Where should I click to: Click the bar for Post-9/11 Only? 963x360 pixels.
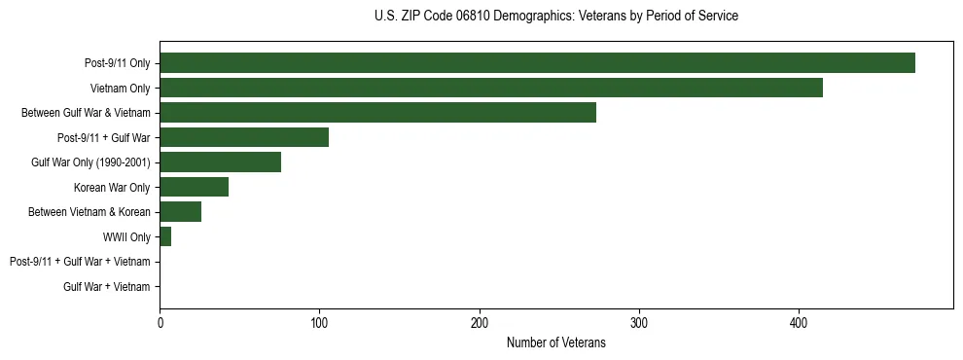click(537, 63)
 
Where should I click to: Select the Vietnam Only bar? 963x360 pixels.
click(491, 88)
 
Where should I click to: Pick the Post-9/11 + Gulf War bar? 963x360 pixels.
click(244, 137)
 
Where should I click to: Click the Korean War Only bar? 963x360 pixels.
click(194, 187)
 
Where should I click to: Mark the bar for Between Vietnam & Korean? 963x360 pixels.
click(180, 212)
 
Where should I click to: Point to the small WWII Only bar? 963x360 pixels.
click(165, 236)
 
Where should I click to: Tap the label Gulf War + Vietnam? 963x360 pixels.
click(107, 287)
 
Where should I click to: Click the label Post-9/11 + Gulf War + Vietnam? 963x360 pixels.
click(80, 262)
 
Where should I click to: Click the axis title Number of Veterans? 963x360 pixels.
click(555, 342)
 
